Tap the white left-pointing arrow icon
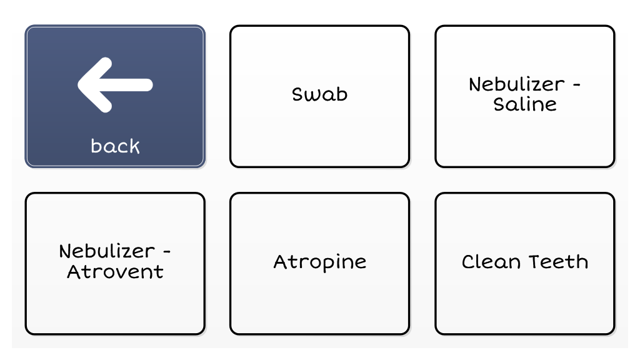115,85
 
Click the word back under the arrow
115,146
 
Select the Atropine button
319,264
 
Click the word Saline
525,104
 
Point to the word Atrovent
115,272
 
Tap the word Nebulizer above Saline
517,84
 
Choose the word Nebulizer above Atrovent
107,251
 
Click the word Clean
491,262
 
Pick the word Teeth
559,262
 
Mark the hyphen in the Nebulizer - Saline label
576,85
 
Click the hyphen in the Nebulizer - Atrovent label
166,252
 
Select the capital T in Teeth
535,262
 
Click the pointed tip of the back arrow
78,85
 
